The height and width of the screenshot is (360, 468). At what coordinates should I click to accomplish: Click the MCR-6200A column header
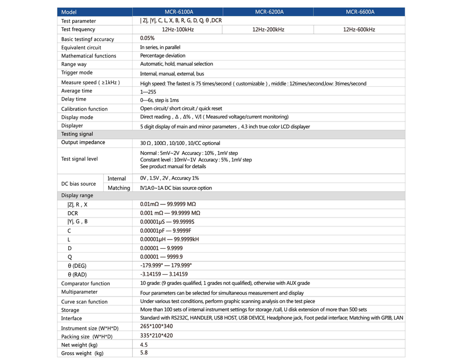pos(269,12)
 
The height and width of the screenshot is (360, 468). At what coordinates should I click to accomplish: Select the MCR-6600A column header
pos(360,12)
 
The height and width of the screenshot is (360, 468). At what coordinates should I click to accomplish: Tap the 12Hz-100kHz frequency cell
pos(178,30)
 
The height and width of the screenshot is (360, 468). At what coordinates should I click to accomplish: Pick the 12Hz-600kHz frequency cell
pos(359,30)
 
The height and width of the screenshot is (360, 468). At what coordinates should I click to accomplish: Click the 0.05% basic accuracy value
pos(147,38)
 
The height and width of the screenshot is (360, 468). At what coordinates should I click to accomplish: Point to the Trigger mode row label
pos(77,73)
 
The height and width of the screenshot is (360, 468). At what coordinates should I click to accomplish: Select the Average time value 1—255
pos(148,91)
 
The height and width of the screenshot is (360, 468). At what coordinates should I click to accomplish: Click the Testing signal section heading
pos(77,134)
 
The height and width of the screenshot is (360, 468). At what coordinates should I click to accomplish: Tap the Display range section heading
pos(77,196)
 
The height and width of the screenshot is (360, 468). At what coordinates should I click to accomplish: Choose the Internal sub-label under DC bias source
pos(117,179)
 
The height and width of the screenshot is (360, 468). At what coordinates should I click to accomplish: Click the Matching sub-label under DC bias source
pos(119,188)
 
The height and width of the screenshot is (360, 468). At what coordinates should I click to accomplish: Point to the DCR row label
pos(73,213)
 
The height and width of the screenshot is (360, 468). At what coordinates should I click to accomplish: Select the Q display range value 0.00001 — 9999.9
pos(161,257)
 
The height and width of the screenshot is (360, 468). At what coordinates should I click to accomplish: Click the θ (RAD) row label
pos(77,275)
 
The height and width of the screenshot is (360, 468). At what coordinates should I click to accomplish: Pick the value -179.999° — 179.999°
pos(166,265)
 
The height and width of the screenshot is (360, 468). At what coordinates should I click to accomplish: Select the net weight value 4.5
pos(144,344)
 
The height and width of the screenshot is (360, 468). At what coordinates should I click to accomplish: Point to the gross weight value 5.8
pos(144,353)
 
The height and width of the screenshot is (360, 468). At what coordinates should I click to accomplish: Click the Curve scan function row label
pos(84,302)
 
